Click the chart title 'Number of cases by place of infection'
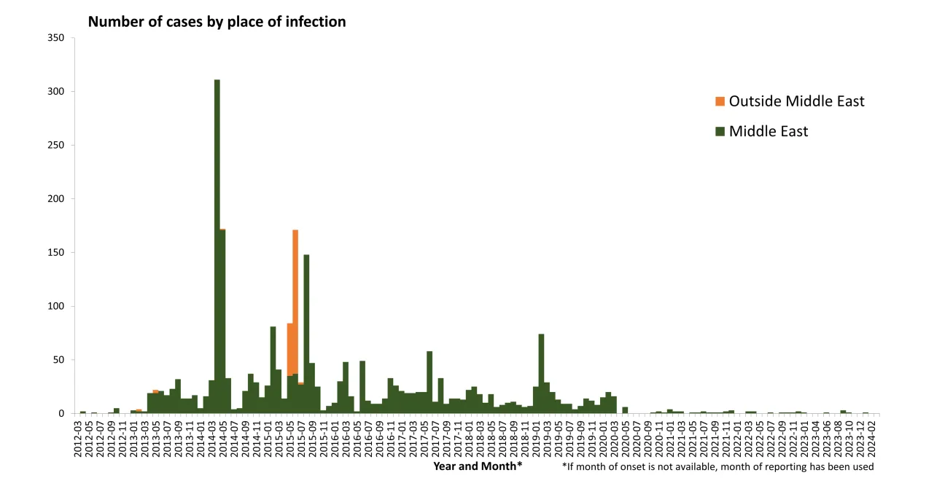click(217, 22)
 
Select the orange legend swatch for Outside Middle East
click(720, 101)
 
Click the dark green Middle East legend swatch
click(720, 132)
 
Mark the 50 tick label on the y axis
click(58, 360)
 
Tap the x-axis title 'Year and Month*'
click(478, 466)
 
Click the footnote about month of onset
click(717, 466)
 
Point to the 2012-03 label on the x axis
click(77, 436)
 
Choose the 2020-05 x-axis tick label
click(625, 436)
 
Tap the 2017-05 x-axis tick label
click(424, 436)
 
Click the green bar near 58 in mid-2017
click(429, 383)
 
